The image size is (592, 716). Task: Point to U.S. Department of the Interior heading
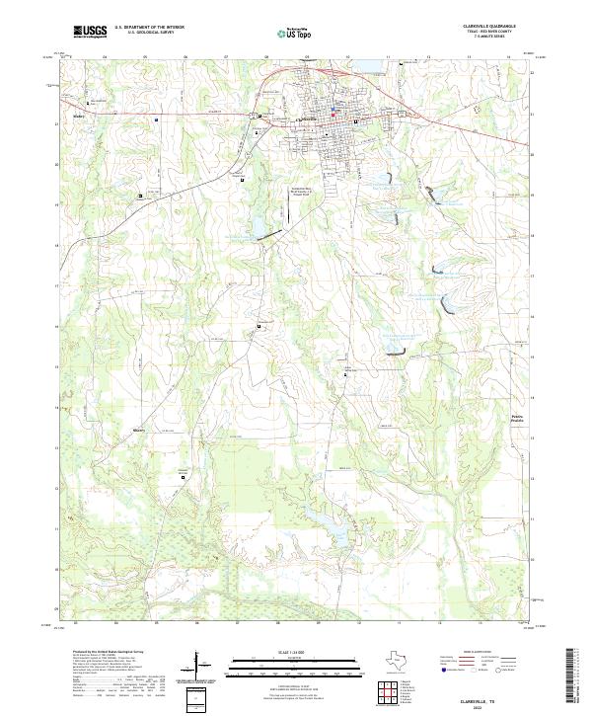[149, 27]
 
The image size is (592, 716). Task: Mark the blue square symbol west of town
[156, 120]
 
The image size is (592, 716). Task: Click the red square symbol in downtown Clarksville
[333, 119]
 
